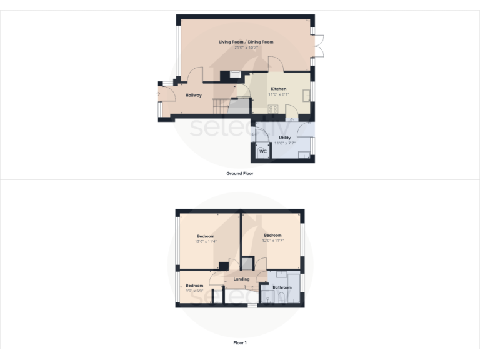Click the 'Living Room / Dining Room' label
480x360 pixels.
click(x=246, y=42)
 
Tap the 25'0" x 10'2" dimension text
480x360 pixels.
click(x=246, y=48)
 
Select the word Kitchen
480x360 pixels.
click(x=278, y=89)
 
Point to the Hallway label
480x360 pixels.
click(x=193, y=95)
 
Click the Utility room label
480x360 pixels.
click(x=284, y=137)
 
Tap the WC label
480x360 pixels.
click(x=262, y=151)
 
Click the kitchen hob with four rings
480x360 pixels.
click(x=273, y=109)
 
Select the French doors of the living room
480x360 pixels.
click(x=319, y=45)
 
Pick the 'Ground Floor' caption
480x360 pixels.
click(x=239, y=173)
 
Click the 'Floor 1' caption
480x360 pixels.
click(x=240, y=342)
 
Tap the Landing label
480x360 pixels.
click(x=241, y=279)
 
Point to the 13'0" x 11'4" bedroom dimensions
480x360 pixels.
click(x=206, y=242)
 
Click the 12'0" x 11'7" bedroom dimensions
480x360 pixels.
click(x=272, y=241)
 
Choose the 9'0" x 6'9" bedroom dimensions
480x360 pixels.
click(x=194, y=291)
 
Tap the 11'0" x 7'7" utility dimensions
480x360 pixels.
click(x=284, y=143)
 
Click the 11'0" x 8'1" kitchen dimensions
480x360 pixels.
click(x=278, y=95)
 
